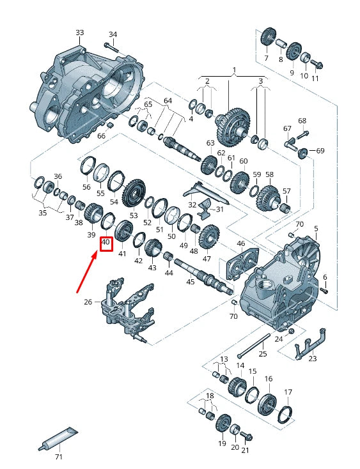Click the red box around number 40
106,244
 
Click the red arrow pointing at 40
87,272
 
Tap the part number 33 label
79,33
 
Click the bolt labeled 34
111,47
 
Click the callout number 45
191,281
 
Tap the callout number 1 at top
234,70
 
